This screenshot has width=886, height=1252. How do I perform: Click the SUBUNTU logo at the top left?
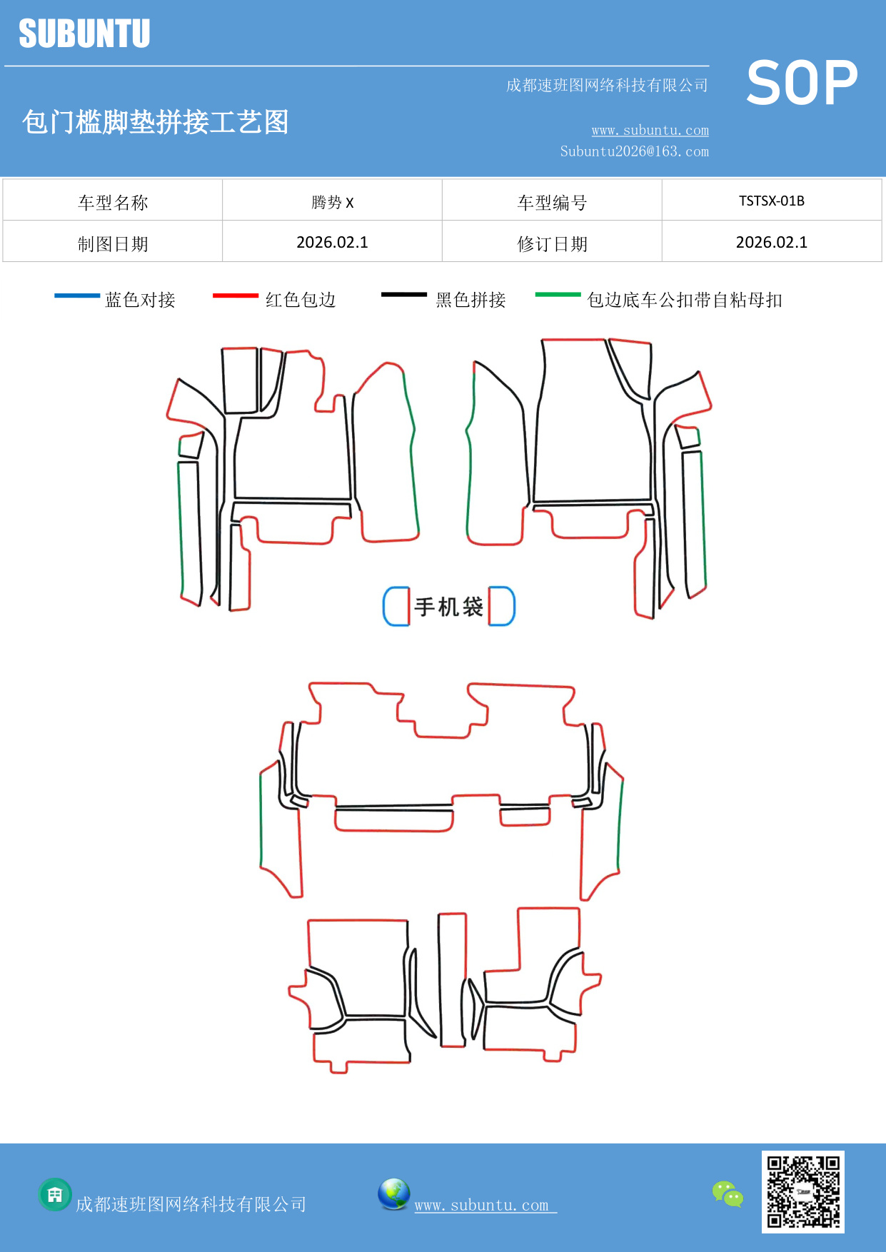(x=84, y=34)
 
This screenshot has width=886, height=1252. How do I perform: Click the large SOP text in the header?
(x=802, y=83)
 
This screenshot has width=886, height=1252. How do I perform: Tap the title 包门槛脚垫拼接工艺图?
(x=155, y=122)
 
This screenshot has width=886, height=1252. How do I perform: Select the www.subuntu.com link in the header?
(x=650, y=130)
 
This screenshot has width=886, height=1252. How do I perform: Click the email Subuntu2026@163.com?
(x=634, y=151)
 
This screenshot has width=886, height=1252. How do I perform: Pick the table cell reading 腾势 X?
(x=332, y=202)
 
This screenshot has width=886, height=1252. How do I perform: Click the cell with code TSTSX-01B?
(x=771, y=201)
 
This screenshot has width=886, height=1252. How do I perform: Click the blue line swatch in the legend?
(x=77, y=295)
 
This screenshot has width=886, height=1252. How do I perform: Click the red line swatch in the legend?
(x=235, y=295)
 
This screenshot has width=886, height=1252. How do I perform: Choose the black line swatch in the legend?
(x=403, y=294)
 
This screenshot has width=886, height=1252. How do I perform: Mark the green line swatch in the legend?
(x=558, y=294)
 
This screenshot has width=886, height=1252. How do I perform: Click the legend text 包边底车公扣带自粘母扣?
(x=684, y=300)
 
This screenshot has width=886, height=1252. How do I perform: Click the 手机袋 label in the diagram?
(x=448, y=607)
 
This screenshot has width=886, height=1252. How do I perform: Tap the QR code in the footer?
(x=802, y=1191)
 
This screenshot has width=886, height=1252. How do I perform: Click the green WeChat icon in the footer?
(x=728, y=1193)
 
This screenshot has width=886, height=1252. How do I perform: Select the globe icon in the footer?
(x=393, y=1194)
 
